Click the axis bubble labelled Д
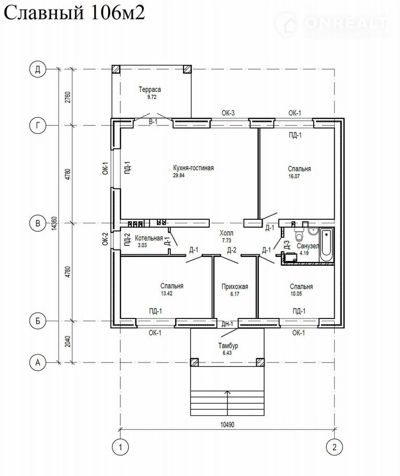click(x=38, y=70)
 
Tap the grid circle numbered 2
click(x=335, y=447)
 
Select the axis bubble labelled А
click(x=38, y=362)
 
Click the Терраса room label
click(x=150, y=89)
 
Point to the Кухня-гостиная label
click(x=193, y=168)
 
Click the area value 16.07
click(x=294, y=176)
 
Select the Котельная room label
click(x=148, y=239)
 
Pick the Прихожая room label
click(x=235, y=287)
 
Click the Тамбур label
click(x=228, y=346)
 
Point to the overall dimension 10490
click(x=227, y=425)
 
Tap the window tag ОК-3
click(x=228, y=113)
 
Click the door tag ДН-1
click(x=227, y=324)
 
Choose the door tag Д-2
click(x=232, y=250)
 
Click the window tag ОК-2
click(x=105, y=239)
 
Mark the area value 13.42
click(x=167, y=293)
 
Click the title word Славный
click(x=43, y=13)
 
